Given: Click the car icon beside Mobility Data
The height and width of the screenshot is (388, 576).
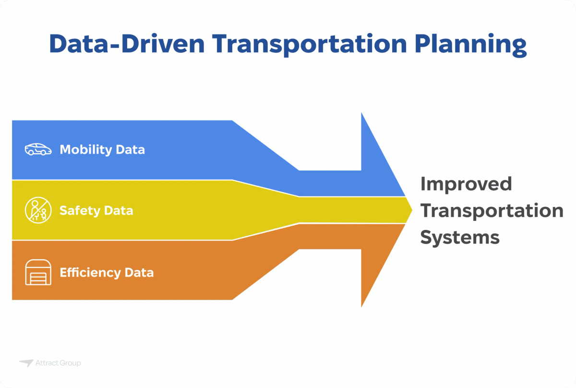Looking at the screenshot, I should click(38, 149).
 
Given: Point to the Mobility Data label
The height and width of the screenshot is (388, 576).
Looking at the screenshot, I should click(102, 149).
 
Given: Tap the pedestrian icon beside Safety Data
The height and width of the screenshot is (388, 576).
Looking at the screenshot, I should click(38, 210).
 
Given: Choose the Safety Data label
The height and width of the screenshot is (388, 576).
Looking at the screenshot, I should click(96, 210).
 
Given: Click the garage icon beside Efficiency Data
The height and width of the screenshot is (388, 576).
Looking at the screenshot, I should click(38, 272).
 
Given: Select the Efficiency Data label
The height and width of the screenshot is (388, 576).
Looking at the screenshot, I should click(107, 272).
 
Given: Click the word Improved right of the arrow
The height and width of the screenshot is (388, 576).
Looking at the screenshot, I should click(466, 184).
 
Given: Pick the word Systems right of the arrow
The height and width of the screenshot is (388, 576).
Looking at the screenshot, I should click(460, 237).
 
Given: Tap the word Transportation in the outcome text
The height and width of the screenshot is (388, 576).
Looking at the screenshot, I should click(492, 210).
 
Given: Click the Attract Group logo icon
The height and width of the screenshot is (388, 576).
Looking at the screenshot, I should click(26, 363).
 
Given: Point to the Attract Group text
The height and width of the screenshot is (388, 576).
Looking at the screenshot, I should click(58, 363).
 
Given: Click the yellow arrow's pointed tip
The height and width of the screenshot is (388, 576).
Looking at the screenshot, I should click(411, 210).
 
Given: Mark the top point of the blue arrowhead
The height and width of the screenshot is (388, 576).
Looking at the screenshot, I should click(361, 113).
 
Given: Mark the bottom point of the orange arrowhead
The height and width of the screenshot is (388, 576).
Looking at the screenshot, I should click(361, 306).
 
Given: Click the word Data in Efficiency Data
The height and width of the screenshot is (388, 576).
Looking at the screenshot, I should click(139, 272).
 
